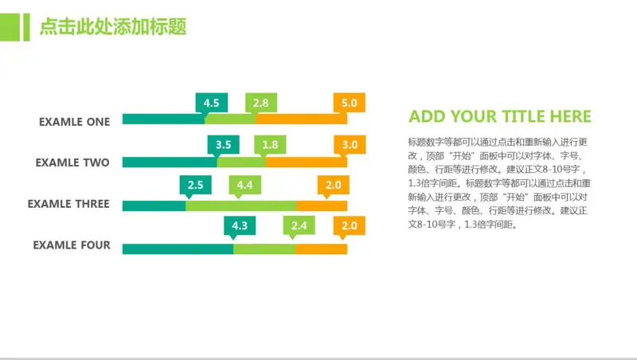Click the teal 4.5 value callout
coord(211,103)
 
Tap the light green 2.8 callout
coord(261,103)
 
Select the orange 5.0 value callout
coord(349,103)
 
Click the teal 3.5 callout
coord(223,144)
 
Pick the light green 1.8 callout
coord(270,144)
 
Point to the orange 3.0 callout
coord(350,144)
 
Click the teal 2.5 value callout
coord(195,186)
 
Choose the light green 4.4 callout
coord(244,186)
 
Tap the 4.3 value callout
coord(240,226)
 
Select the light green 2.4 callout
coord(299,226)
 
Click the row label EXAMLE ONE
coord(74,122)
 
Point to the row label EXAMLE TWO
coord(72,162)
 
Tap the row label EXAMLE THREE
coord(68,204)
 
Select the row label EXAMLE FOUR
coord(72,245)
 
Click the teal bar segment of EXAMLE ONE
coord(163,119)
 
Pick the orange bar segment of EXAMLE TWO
coord(307,162)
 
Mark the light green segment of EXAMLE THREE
coord(241,205)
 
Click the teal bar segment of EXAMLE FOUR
coord(178,248)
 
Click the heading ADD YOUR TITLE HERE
coord(500,117)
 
